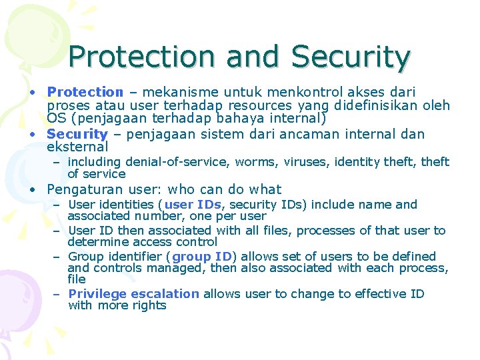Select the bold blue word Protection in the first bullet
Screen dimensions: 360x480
(85, 93)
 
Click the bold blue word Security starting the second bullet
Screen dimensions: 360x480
(77, 134)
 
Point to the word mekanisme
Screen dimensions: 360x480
(175, 93)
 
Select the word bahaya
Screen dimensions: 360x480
(229, 119)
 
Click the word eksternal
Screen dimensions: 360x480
(77, 147)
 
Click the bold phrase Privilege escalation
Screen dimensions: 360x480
(133, 294)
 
